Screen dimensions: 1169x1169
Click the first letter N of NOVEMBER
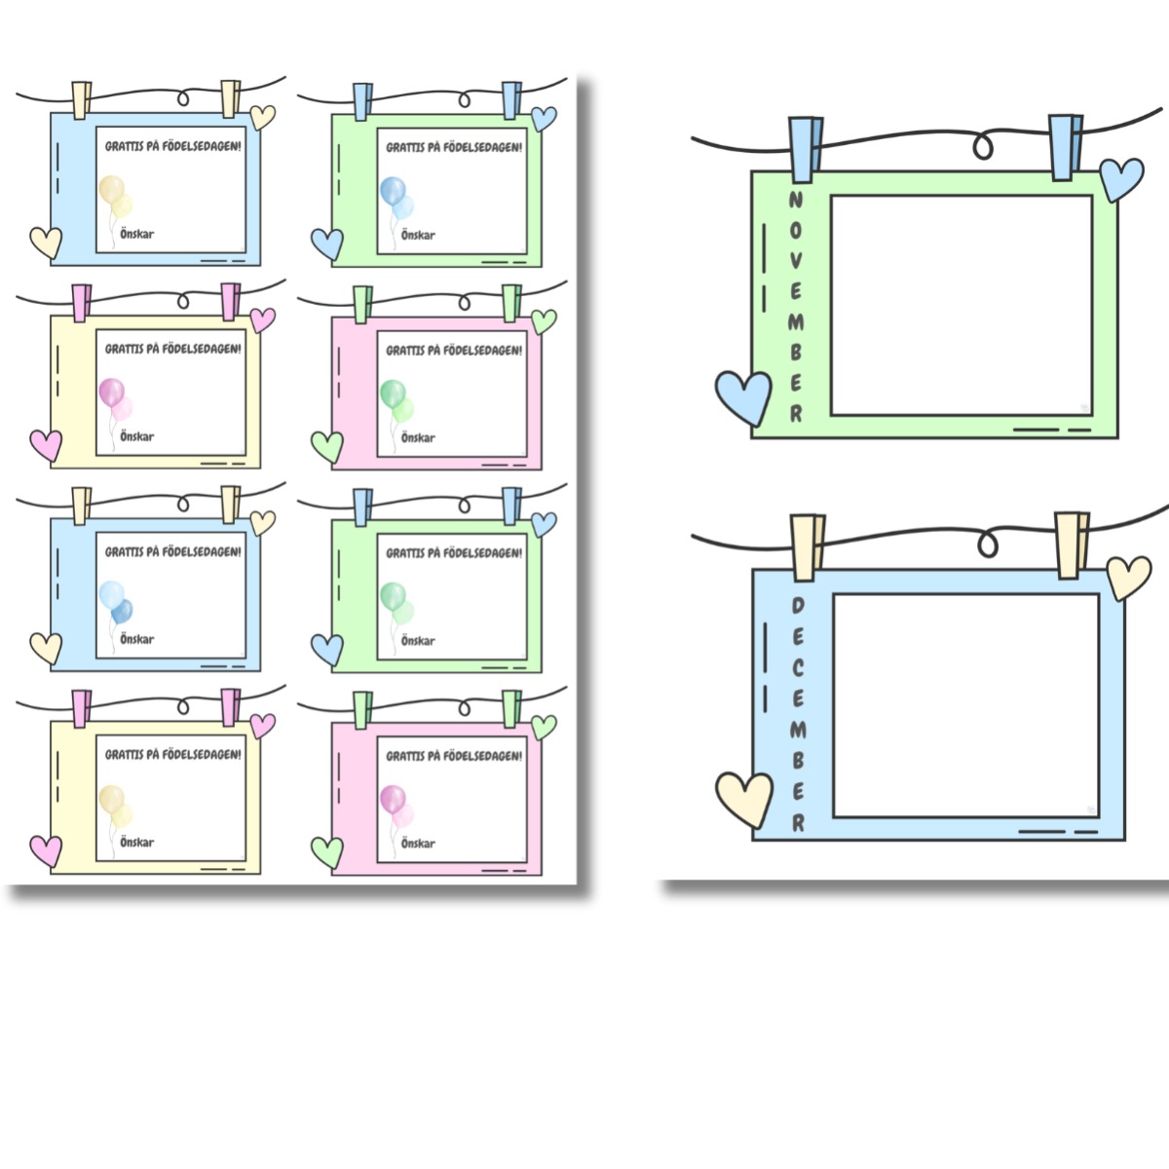click(x=795, y=200)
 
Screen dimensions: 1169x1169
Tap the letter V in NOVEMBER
click(x=796, y=261)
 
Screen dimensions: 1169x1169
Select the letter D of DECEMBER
click(x=798, y=605)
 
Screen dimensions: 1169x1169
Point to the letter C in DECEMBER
click(x=798, y=668)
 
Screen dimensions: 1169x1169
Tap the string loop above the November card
click(x=983, y=146)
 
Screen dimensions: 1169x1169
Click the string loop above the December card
click(x=988, y=545)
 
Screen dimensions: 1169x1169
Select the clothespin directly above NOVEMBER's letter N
click(x=805, y=149)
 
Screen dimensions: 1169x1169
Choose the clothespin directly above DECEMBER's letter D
click(x=808, y=547)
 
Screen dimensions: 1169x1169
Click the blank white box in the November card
click(x=962, y=305)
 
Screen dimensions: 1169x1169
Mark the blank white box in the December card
click(x=965, y=705)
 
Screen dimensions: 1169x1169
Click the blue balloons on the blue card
click(x=115, y=602)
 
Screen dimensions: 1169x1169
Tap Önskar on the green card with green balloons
click(x=418, y=641)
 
